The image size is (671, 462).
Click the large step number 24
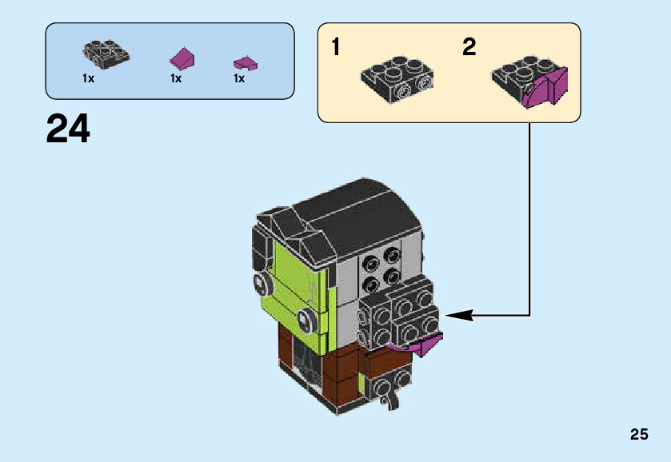[68, 129]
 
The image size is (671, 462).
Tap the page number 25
[638, 435]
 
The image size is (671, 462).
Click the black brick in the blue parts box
[106, 54]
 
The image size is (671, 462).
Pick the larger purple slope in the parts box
[183, 58]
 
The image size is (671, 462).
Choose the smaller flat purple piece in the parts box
[244, 62]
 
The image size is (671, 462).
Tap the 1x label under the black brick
[88, 79]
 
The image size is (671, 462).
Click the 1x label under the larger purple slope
[176, 79]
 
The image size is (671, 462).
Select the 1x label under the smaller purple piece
[239, 79]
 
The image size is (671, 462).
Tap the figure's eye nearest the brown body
[305, 321]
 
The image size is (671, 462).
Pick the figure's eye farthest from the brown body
[260, 281]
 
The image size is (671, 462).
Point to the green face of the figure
[296, 276]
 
